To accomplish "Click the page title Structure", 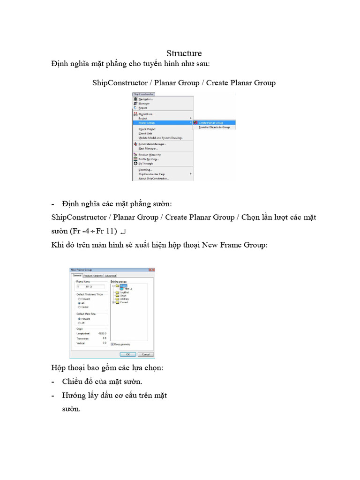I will click(184, 53).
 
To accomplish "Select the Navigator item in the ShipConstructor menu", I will click(145, 99).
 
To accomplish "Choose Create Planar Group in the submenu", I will click(210, 123).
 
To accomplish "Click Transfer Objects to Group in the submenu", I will click(214, 127).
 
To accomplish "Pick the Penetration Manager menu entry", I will click(152, 144).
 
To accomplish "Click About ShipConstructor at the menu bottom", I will click(153, 178).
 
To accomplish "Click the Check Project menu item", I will click(147, 129).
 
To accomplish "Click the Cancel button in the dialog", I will click(145, 354).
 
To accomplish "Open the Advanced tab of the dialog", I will click(110, 276).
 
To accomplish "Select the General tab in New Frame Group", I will click(76, 276).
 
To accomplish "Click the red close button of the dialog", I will click(151, 270).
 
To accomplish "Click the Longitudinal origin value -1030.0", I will click(102, 333).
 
